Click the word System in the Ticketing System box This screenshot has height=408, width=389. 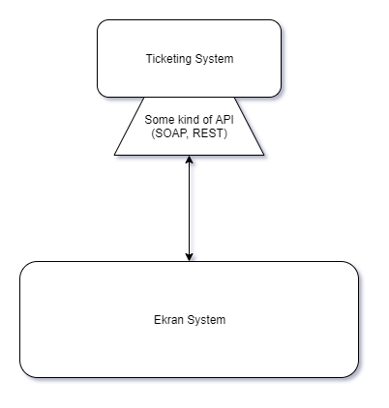(214, 59)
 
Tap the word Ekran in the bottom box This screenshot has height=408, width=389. (169, 319)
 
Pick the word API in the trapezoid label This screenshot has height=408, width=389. (224, 119)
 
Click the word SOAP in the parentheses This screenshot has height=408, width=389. (171, 132)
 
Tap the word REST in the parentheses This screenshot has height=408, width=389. (211, 132)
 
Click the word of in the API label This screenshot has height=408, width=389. (206, 119)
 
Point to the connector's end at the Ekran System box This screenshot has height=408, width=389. (192, 257)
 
